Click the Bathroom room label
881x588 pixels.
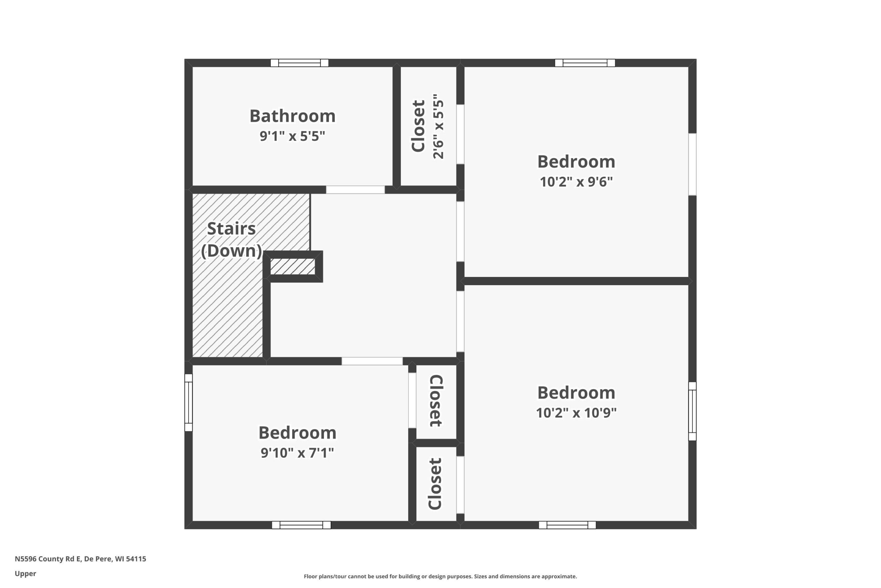click(293, 116)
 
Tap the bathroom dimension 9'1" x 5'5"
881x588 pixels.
click(293, 136)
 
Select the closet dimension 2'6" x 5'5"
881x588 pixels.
click(438, 126)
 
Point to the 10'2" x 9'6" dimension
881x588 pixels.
click(576, 182)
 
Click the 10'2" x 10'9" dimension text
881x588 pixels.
click(576, 413)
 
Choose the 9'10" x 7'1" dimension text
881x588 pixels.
click(297, 453)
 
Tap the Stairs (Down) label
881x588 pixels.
click(232, 240)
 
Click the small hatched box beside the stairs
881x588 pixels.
click(293, 267)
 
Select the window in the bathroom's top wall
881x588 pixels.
click(300, 63)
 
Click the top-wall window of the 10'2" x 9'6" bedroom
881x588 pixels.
click(585, 63)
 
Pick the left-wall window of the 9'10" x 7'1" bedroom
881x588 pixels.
click(188, 402)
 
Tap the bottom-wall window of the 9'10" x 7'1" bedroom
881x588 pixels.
click(301, 525)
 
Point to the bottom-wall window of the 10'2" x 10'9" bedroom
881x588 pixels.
click(567, 525)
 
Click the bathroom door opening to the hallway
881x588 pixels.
click(355, 190)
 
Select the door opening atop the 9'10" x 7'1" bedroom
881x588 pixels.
click(372, 361)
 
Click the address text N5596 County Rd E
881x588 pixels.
click(47, 559)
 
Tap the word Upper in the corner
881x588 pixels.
click(25, 574)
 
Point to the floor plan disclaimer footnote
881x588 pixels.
click(440, 576)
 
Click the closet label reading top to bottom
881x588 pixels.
click(436, 401)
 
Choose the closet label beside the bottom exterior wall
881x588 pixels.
click(435, 484)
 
